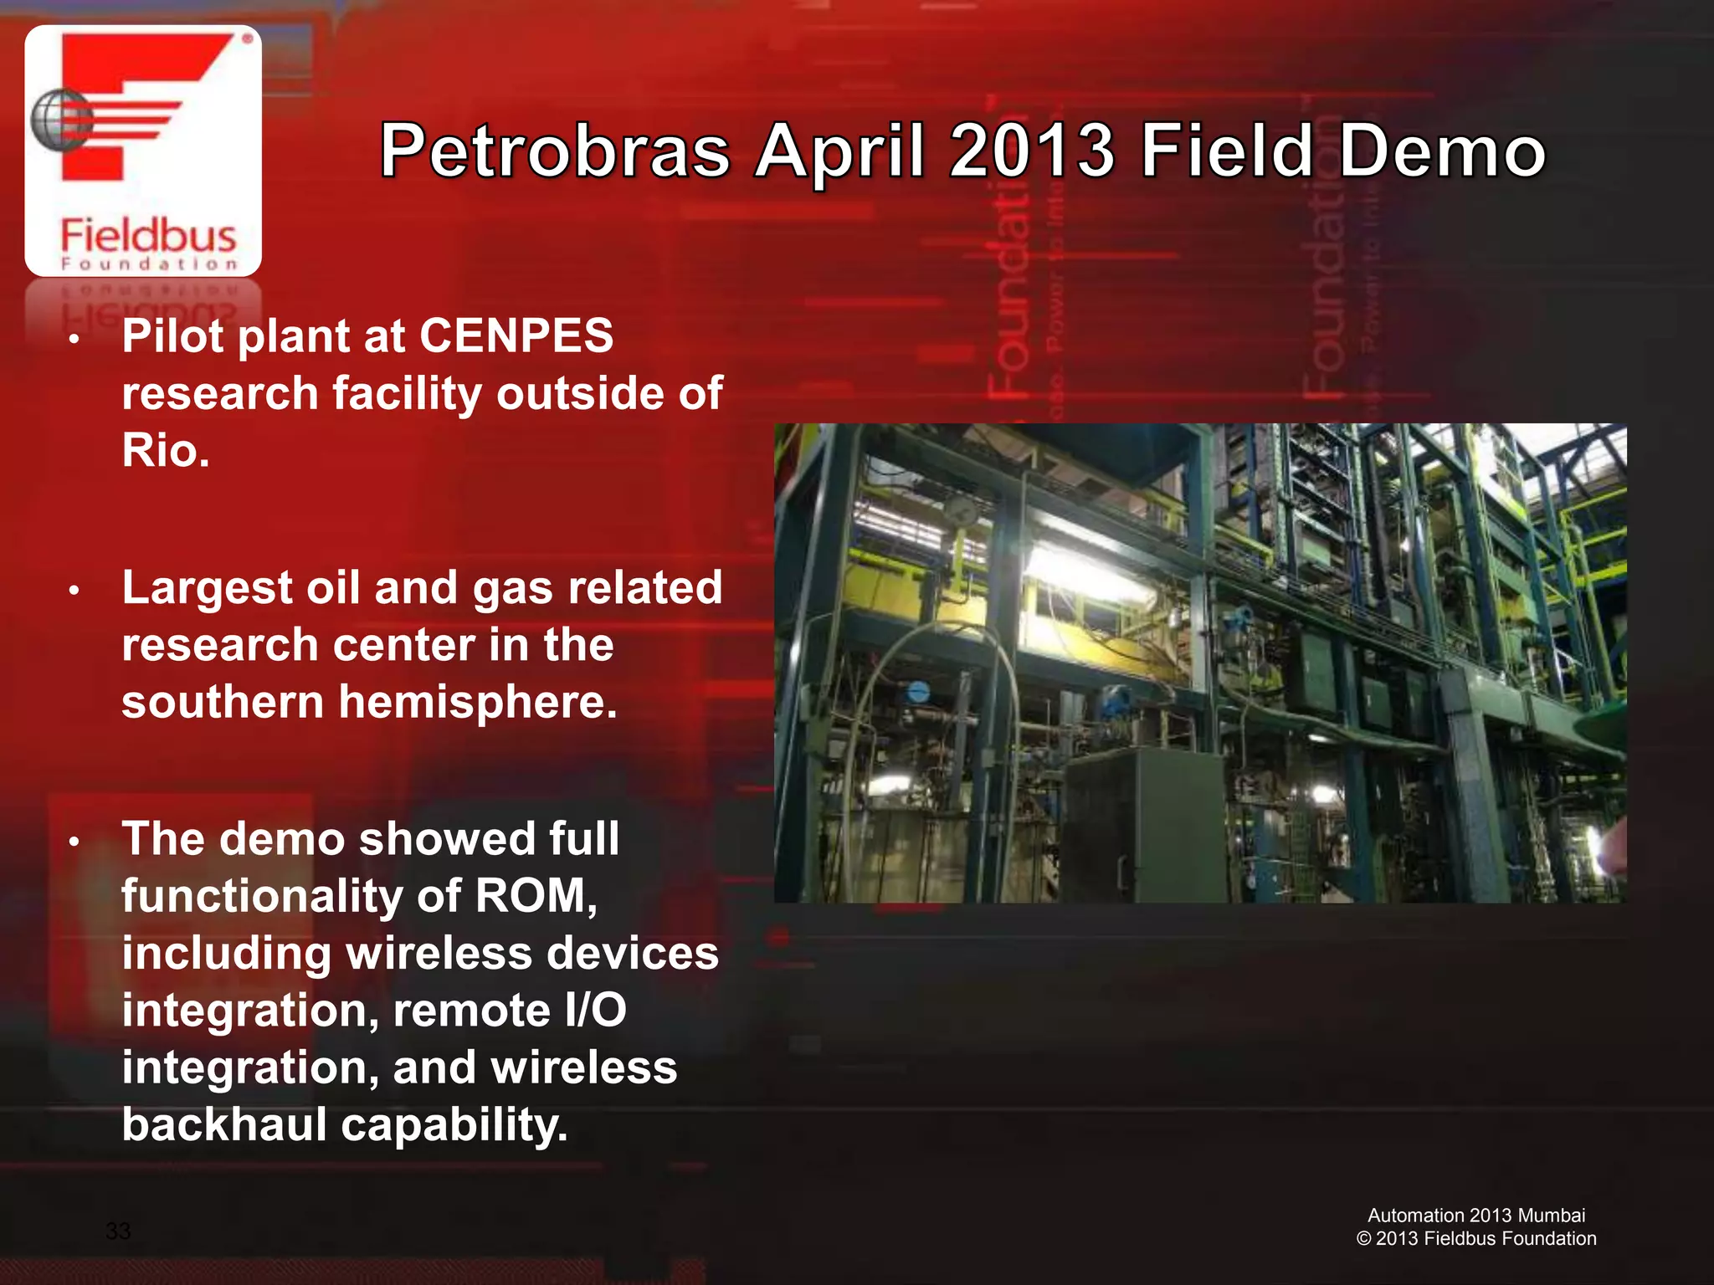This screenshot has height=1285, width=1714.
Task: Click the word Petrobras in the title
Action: pos(555,152)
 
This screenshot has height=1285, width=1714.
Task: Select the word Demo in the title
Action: pos(1441,152)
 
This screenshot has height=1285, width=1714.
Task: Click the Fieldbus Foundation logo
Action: pos(143,151)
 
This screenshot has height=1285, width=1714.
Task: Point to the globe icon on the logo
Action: pos(59,120)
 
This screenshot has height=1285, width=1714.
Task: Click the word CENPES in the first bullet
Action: pos(516,336)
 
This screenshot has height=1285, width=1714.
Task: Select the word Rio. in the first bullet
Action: pos(165,450)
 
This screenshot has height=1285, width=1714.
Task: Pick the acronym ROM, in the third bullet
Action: pos(536,896)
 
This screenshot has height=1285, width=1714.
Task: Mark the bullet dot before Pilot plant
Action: pos(74,340)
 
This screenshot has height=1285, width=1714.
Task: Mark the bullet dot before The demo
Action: pos(74,842)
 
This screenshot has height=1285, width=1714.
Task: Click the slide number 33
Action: pos(118,1231)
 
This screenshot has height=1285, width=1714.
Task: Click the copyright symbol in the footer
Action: pos(1363,1239)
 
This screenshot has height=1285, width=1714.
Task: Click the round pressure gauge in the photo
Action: pos(962,508)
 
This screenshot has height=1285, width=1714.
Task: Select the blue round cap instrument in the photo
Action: pos(918,692)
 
